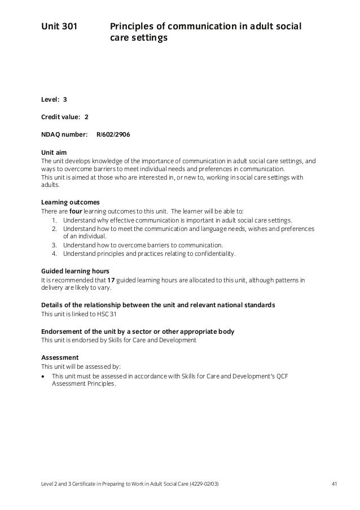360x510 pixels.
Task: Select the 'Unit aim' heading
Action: pos(55,152)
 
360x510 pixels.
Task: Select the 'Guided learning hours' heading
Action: pos(76,271)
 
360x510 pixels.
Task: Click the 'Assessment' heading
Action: pos(60,358)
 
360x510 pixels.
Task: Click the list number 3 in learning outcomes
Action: pos(54,246)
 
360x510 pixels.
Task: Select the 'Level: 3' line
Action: pos(54,99)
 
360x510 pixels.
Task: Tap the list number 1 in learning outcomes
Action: pos(54,220)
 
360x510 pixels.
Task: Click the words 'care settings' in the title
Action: pos(138,40)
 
